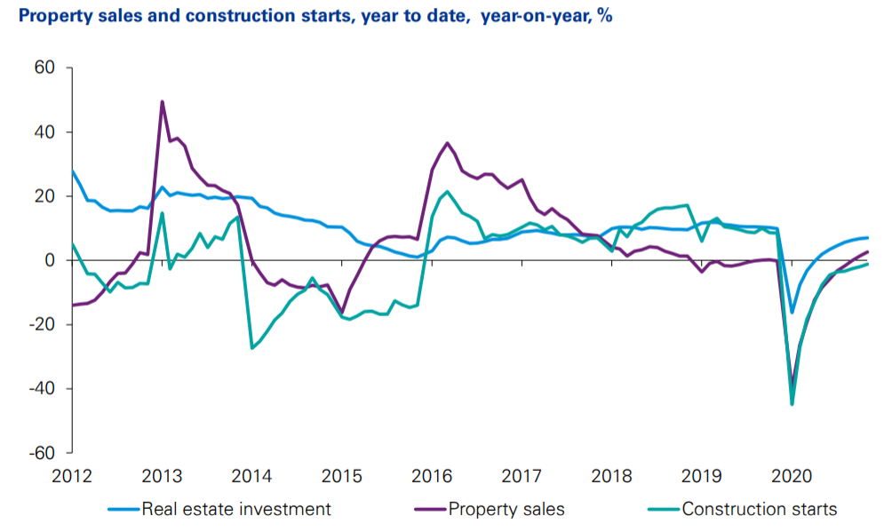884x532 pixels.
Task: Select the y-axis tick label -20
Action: coord(42,324)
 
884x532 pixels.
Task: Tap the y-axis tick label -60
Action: coord(42,452)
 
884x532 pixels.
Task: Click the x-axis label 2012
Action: coord(73,476)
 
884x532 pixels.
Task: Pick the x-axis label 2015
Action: coord(342,476)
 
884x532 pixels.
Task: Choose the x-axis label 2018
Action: coord(611,476)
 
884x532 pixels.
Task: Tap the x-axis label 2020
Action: coord(791,476)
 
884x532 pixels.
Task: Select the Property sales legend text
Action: coord(506,509)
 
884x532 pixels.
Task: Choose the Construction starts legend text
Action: coord(760,509)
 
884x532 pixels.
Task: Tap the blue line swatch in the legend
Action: coord(124,510)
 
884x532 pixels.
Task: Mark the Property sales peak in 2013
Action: coord(162,101)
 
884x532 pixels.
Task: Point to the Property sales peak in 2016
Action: coord(447,143)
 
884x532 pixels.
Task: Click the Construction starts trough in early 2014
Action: coord(252,347)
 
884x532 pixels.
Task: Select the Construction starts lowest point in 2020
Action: coord(792,404)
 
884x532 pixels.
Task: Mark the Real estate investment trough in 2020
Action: coord(792,313)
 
